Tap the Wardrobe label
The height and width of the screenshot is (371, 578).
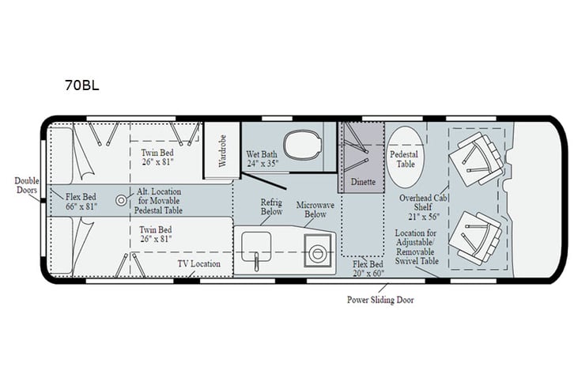(x=222, y=149)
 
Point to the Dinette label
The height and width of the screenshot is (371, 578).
(x=364, y=181)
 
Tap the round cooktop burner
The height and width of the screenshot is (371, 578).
(x=319, y=253)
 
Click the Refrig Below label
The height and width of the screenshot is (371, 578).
(x=272, y=207)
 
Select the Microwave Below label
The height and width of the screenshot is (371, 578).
(x=315, y=210)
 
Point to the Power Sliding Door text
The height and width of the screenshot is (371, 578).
(x=380, y=300)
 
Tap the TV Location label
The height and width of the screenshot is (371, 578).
(x=198, y=264)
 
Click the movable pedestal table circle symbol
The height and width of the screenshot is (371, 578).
(x=122, y=200)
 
